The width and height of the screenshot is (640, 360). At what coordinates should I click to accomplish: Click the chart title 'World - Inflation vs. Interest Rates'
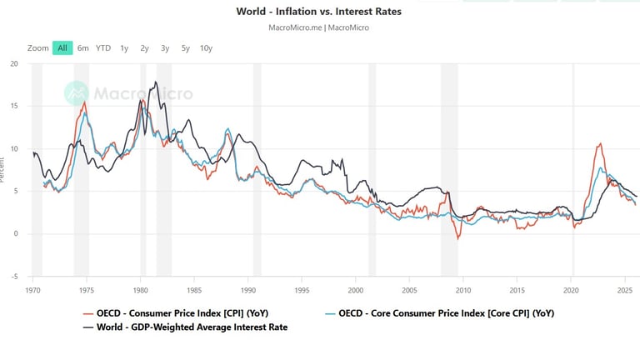[319, 12]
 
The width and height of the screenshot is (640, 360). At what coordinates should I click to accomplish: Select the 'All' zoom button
[62, 47]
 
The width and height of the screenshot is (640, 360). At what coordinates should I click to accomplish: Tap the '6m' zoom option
[83, 47]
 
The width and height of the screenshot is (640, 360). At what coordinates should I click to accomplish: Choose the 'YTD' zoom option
[103, 47]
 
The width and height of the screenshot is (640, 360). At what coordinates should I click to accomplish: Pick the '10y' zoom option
[206, 47]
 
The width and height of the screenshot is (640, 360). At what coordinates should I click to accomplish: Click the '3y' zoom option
[165, 47]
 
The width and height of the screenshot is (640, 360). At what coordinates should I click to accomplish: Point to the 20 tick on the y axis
[14, 63]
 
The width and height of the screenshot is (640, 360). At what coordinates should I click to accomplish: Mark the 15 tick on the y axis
[14, 106]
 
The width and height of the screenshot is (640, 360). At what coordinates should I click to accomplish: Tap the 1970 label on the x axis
[33, 290]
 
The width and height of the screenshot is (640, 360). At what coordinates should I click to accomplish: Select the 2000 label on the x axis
[357, 290]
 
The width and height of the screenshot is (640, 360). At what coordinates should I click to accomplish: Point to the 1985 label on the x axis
[195, 290]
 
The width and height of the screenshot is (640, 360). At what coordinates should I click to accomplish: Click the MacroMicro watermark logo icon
[77, 92]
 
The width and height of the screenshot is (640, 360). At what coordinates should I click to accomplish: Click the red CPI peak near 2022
[599, 143]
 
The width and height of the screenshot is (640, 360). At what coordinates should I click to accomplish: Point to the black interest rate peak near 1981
[156, 82]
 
